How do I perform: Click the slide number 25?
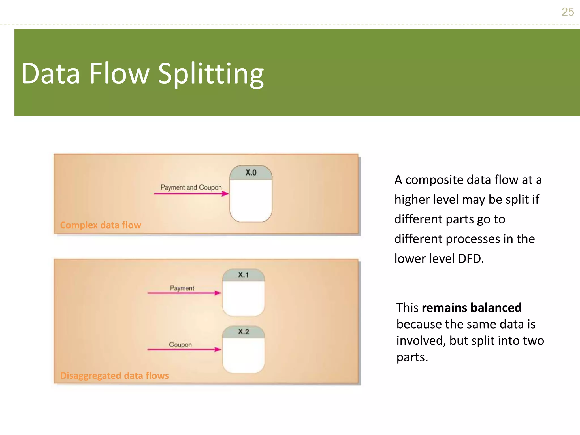coord(568,12)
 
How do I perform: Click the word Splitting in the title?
coord(211,74)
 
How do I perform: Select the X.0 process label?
coord(251,172)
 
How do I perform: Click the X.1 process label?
coord(243,275)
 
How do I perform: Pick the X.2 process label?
coord(243,332)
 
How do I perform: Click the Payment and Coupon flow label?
coord(191,187)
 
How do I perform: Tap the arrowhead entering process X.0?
coord(225,194)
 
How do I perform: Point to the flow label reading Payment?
coord(182,288)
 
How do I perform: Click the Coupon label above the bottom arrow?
coord(180,345)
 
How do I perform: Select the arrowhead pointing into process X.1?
coord(218,293)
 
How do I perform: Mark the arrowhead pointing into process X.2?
coord(218,349)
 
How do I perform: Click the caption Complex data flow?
coord(101,225)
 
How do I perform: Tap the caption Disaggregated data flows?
coord(114,376)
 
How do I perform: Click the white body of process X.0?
coord(251,201)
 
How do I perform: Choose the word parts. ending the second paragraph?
coord(412,358)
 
